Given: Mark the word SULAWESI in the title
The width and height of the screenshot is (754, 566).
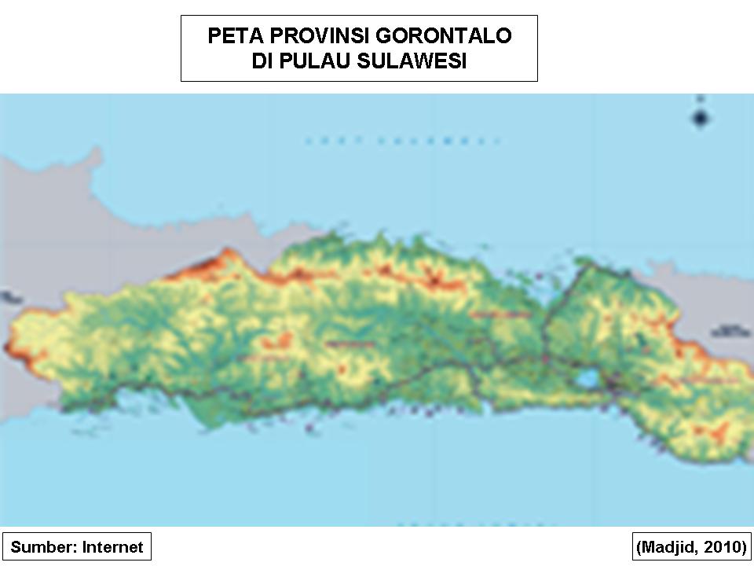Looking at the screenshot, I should tap(412, 61).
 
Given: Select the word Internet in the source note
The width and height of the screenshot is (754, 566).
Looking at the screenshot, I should tap(113, 547).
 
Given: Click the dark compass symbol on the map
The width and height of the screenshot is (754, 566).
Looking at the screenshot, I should tap(701, 118).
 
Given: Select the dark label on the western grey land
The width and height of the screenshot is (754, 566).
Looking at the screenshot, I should tap(9, 297).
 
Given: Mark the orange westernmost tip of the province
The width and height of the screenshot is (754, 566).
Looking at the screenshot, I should tap(11, 346).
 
